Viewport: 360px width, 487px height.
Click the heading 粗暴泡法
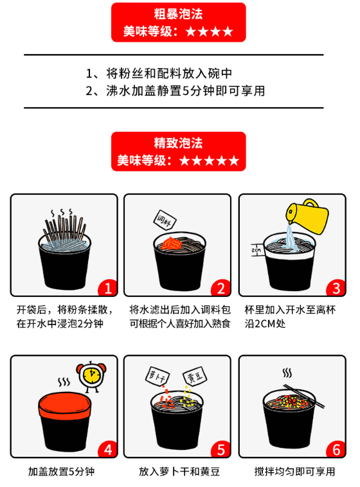(178, 14)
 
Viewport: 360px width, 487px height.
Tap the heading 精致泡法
(178, 143)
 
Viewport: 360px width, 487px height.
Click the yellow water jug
(307, 216)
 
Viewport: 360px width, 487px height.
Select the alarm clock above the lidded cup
(91, 376)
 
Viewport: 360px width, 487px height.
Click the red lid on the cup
(65, 404)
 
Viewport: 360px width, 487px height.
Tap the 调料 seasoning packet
(165, 220)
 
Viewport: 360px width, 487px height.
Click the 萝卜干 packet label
(157, 376)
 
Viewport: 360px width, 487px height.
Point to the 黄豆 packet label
(195, 376)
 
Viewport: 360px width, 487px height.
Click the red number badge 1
(107, 288)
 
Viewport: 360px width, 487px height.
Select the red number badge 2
(221, 288)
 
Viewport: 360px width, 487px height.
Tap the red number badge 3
(336, 288)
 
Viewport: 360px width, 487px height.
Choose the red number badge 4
(107, 449)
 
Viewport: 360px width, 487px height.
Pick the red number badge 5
(221, 449)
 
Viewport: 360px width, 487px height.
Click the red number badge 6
(336, 449)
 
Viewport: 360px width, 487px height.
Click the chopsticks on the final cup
(304, 396)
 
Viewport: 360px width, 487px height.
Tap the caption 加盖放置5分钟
(61, 472)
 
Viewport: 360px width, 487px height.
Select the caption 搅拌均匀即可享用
(294, 472)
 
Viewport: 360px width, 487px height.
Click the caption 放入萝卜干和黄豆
(179, 472)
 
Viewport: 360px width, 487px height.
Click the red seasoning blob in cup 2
(171, 243)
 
